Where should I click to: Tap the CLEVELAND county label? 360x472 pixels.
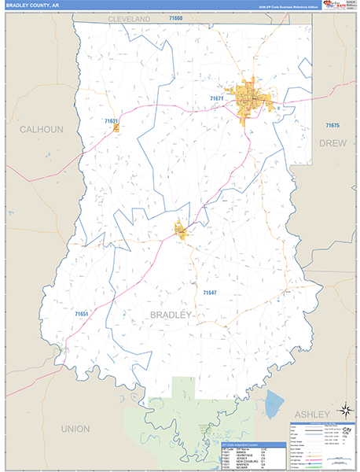click(x=129, y=17)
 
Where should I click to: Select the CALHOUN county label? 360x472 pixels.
click(x=40, y=129)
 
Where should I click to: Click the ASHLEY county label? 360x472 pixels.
click(x=313, y=414)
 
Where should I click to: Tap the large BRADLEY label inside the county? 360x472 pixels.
click(x=170, y=315)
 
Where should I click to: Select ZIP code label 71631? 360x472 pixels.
click(x=112, y=121)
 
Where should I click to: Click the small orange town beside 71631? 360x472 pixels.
click(x=116, y=127)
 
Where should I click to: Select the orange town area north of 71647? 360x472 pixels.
click(x=182, y=230)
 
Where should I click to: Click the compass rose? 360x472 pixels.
click(x=343, y=410)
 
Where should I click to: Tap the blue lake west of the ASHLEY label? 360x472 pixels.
click(x=274, y=404)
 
